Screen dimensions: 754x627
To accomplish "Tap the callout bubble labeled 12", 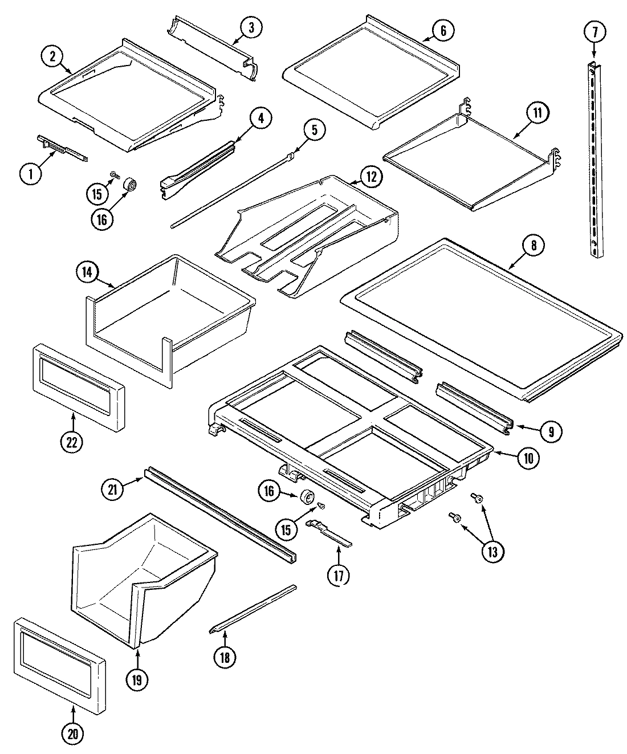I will tap(371, 177).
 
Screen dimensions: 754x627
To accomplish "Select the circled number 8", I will tap(533, 246).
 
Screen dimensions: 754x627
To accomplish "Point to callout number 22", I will tap(72, 443).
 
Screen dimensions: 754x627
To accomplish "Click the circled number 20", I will tap(72, 735).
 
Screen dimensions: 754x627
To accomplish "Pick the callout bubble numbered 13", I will tap(492, 551).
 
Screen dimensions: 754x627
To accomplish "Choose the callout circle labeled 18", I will tap(225, 657).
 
